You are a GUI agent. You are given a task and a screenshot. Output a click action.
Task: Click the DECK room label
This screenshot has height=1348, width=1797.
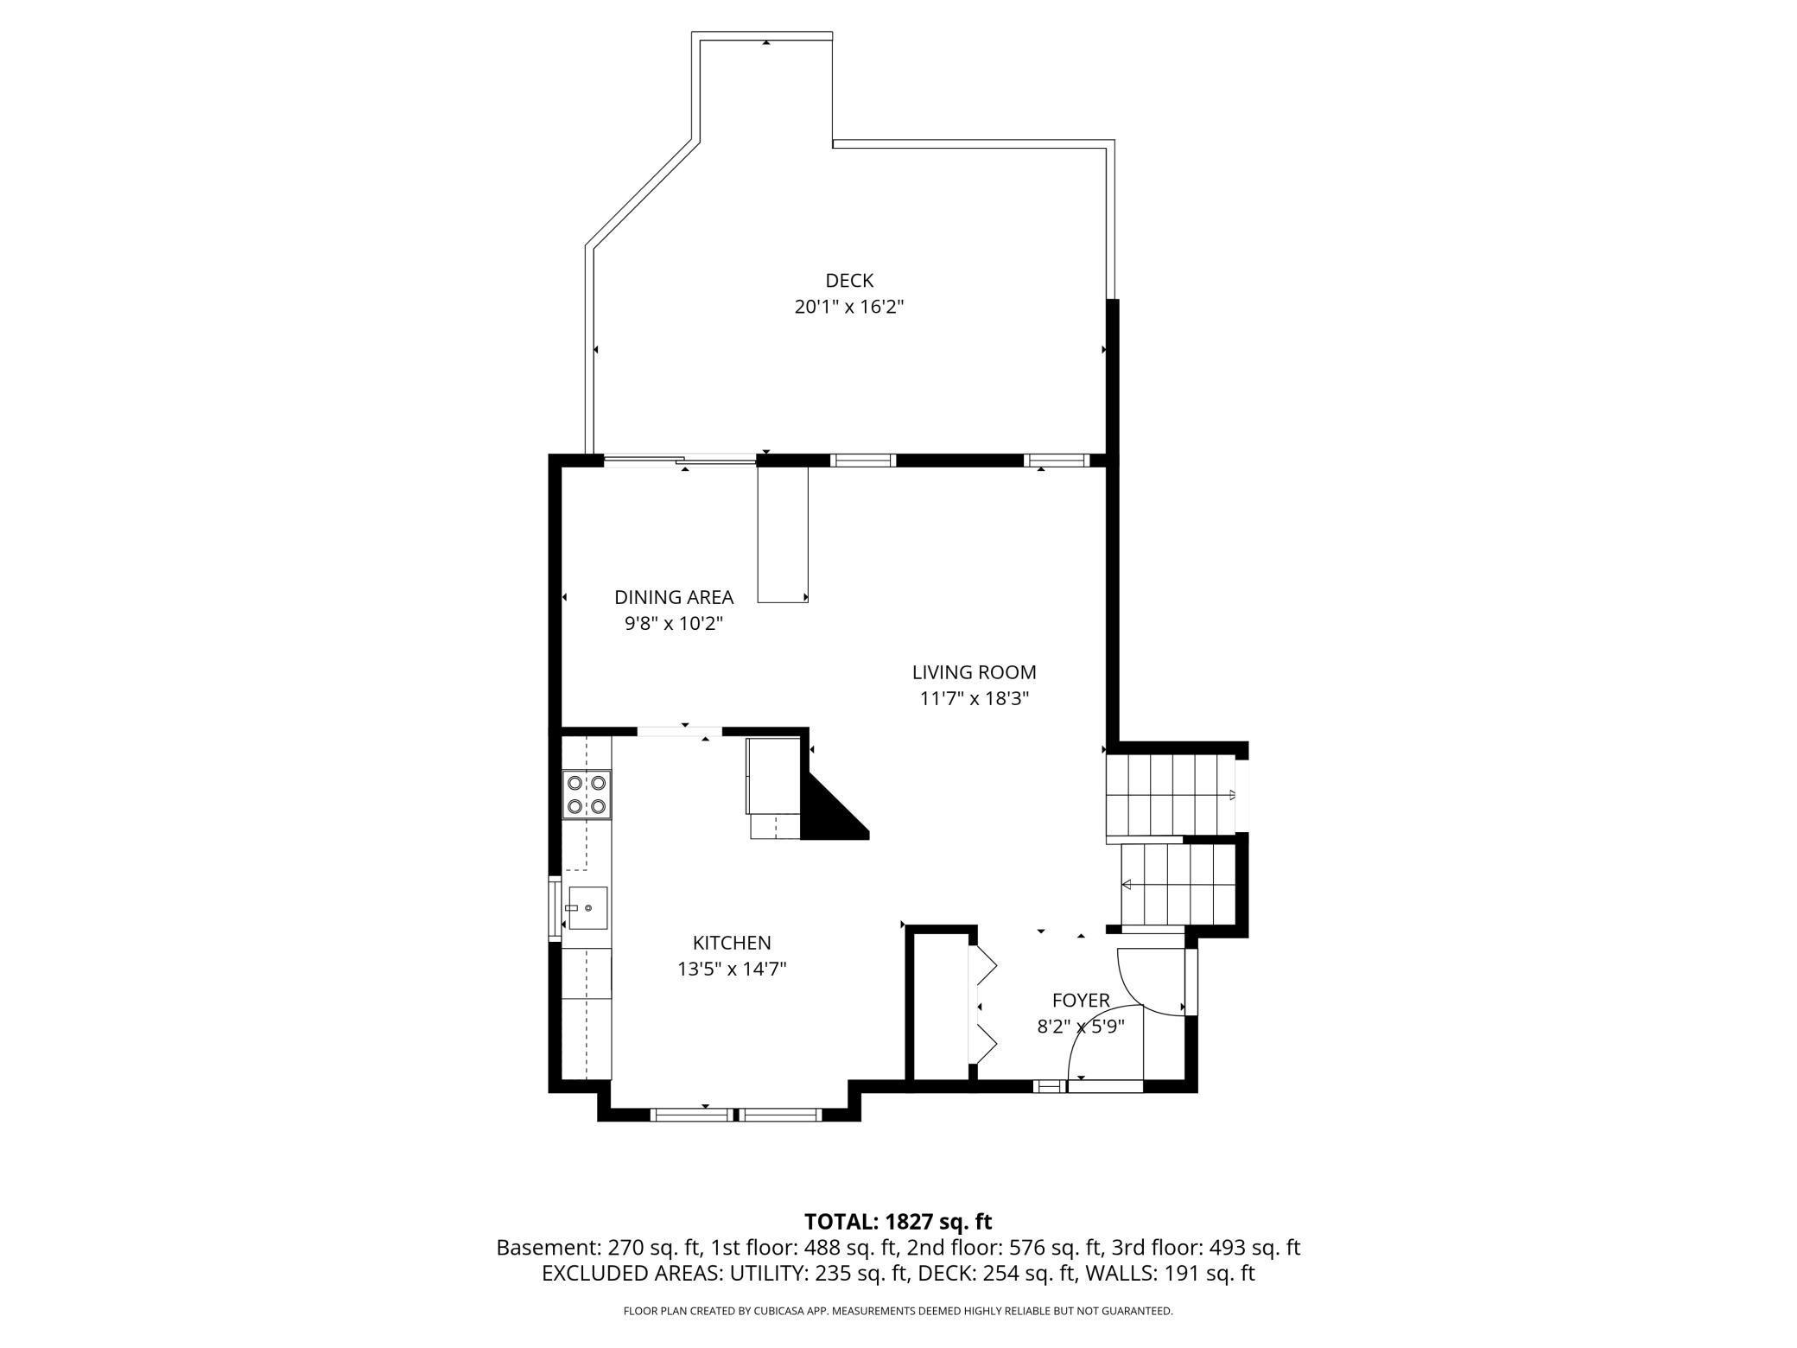coord(849,281)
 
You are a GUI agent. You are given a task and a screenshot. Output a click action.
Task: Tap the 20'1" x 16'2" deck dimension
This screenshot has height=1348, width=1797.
coord(849,307)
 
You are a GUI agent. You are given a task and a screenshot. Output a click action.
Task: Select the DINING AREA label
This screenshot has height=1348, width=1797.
coord(674,597)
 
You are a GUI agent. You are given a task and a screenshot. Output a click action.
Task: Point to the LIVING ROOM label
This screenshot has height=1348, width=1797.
coord(975,672)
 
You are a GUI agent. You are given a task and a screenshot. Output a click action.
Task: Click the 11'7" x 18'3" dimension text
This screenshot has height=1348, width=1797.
coord(975,698)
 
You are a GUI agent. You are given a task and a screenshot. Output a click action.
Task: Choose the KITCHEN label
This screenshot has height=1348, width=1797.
coord(732,943)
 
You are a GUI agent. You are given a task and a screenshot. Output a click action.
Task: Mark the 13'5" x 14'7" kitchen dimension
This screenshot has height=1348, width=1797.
coord(732,970)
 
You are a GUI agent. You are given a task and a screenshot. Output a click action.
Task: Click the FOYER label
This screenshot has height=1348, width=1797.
coord(1081,1001)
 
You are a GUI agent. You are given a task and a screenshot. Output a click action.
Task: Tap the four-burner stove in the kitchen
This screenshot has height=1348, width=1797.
coord(587,795)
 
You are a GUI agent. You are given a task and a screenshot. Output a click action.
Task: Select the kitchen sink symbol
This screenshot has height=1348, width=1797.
coord(587,908)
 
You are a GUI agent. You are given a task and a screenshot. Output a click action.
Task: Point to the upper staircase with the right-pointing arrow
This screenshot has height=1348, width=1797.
coord(1171,795)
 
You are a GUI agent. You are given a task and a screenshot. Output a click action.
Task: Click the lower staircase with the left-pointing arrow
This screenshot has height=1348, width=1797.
coord(1178,884)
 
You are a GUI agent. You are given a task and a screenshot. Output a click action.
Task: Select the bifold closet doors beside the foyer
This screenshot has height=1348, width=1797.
coord(984,1005)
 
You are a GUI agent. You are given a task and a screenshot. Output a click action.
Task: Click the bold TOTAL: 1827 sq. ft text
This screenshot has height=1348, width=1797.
coord(898,1222)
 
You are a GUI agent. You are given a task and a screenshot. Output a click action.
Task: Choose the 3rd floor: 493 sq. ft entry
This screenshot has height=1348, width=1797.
coord(1205,1248)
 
